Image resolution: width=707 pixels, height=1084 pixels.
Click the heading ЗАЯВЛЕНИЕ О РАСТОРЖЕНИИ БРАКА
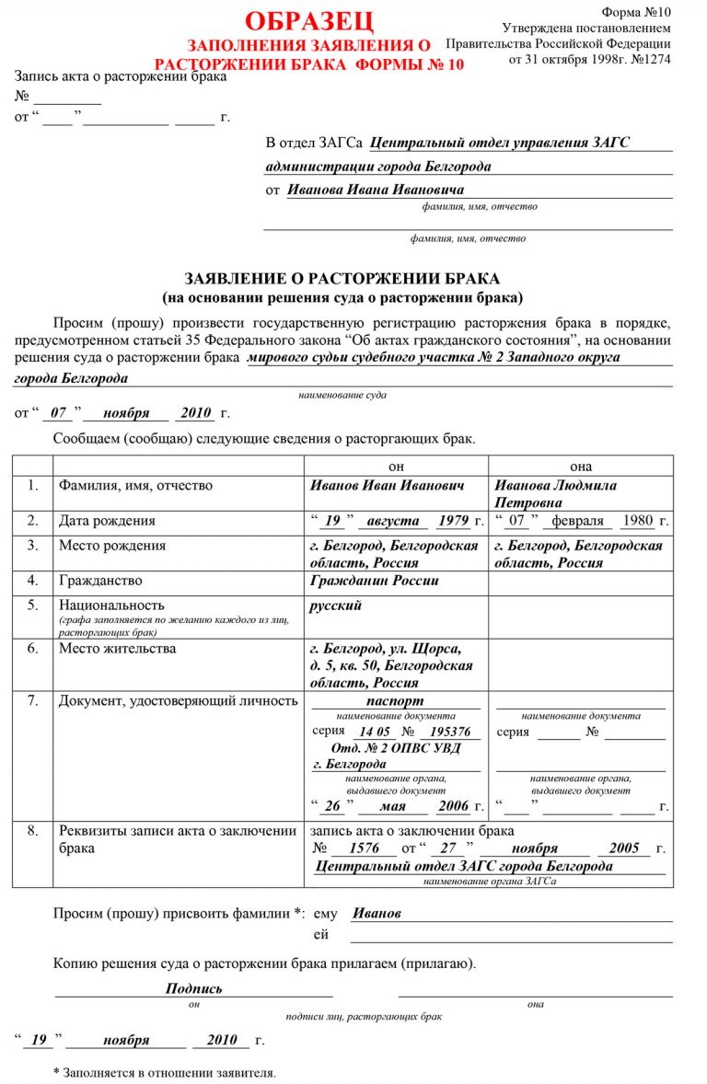coord(342,279)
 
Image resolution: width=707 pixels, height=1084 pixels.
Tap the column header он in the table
coord(396,466)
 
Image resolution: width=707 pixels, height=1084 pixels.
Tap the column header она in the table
coord(580,466)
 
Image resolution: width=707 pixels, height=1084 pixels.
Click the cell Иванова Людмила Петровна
coord(555,494)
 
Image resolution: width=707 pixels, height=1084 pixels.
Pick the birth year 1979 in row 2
coord(453,521)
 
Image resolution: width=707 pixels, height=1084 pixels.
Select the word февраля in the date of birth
coord(577,521)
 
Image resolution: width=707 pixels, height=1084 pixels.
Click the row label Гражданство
coord(101,582)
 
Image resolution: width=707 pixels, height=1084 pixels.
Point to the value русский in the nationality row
coord(336,605)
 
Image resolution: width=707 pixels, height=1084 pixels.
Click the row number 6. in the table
coord(32,649)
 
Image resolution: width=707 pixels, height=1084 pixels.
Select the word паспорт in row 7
coord(395,701)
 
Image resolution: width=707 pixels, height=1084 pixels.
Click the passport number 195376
coord(449,732)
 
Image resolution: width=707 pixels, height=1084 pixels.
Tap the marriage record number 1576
coord(365,848)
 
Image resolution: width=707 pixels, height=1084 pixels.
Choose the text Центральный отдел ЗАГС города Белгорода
coord(464,867)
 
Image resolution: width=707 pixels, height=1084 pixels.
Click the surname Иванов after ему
coord(377,914)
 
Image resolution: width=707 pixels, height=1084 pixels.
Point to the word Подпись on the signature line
coord(193,988)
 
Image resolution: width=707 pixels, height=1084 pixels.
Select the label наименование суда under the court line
coord(342,395)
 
